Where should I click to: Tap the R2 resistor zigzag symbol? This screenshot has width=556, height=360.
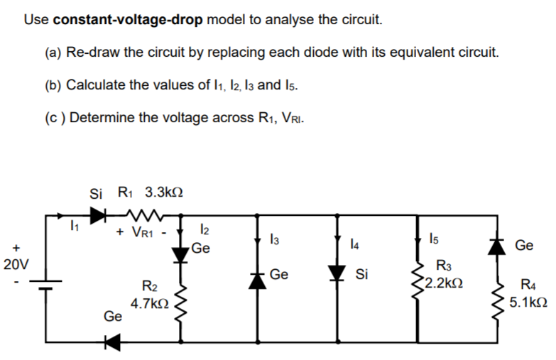coord(181,305)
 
